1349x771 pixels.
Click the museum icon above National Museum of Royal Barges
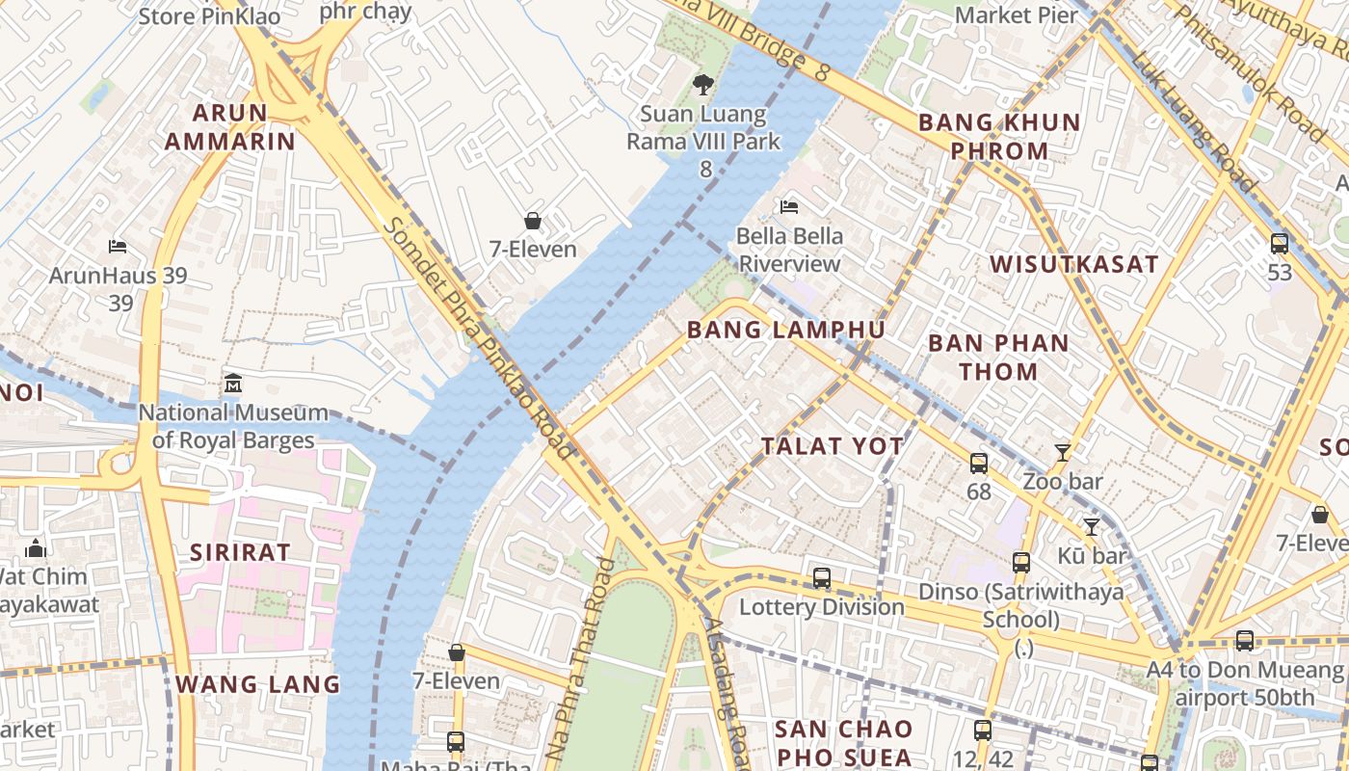pyautogui.click(x=231, y=384)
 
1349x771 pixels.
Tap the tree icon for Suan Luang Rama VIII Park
pyautogui.click(x=703, y=85)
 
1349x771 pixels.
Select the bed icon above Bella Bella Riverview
pyautogui.click(x=789, y=206)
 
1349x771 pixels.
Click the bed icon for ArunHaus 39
pyautogui.click(x=118, y=247)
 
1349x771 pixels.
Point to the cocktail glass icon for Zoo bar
pyautogui.click(x=1062, y=452)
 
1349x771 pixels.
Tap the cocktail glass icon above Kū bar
pyautogui.click(x=1091, y=526)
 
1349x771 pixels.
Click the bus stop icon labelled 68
pyautogui.click(x=979, y=464)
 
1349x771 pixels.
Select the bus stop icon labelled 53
pyautogui.click(x=1280, y=244)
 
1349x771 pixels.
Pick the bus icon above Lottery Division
pyautogui.click(x=822, y=578)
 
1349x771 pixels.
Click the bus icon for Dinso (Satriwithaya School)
pyautogui.click(x=1021, y=562)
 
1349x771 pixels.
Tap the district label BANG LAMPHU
pyautogui.click(x=785, y=331)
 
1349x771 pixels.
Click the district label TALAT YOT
pyautogui.click(x=833, y=446)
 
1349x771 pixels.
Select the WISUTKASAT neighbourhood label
pyautogui.click(x=1073, y=264)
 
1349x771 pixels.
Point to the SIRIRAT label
pyautogui.click(x=240, y=552)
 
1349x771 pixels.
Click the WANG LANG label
pyautogui.click(x=257, y=684)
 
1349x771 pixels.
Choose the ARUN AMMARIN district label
pyautogui.click(x=229, y=127)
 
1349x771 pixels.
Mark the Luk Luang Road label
pyautogui.click(x=1195, y=123)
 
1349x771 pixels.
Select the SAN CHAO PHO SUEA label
pyautogui.click(x=843, y=742)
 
